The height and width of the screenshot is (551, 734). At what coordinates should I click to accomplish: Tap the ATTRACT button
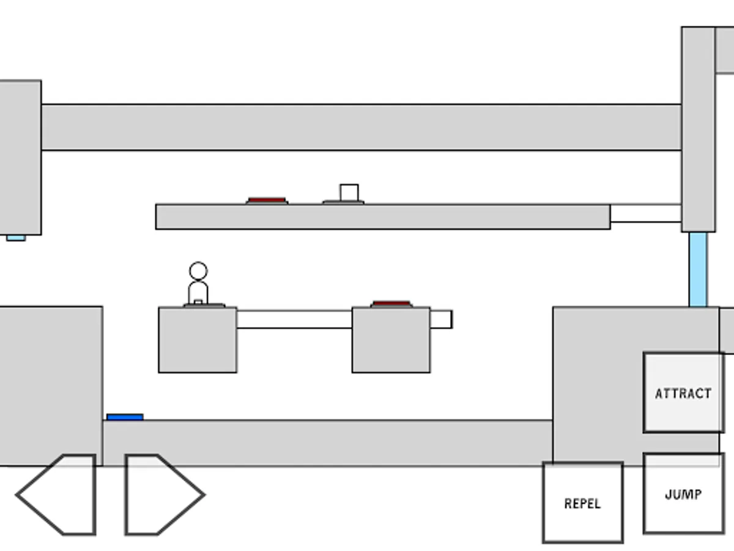(683, 392)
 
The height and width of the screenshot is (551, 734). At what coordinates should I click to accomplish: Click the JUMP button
(683, 493)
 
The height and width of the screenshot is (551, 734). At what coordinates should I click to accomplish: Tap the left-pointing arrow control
(58, 495)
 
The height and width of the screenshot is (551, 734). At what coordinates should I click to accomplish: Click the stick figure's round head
(198, 271)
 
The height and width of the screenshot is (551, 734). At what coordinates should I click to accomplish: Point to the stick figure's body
(198, 292)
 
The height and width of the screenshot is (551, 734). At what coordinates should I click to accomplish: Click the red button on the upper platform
(267, 200)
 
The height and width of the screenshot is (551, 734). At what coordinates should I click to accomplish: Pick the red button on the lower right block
(391, 304)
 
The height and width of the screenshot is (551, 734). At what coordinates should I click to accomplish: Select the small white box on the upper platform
(349, 192)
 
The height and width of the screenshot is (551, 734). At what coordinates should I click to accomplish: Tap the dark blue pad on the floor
(125, 417)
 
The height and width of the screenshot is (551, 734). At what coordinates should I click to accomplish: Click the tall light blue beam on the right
(698, 269)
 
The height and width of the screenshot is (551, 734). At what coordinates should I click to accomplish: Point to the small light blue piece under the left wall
(16, 238)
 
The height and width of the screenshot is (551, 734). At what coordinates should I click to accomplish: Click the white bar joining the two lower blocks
(294, 319)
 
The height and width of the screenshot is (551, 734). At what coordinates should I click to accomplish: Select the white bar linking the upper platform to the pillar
(645, 214)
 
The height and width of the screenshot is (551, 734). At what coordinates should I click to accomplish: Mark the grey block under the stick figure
(198, 340)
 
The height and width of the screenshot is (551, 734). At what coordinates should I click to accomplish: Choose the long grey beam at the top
(361, 127)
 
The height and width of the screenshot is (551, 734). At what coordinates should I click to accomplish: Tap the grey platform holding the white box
(382, 217)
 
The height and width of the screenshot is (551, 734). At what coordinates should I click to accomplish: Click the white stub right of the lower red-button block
(441, 319)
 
